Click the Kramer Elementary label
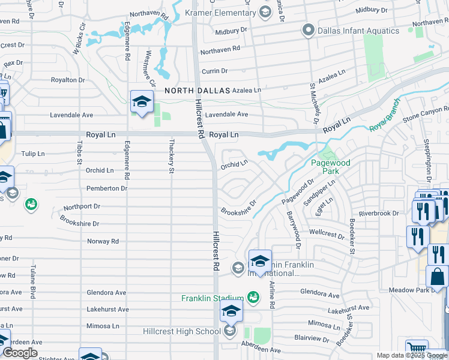[x=220, y=13]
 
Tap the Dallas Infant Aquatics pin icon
[x=309, y=30]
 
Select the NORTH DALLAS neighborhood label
[x=197, y=90]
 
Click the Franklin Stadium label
[x=213, y=298]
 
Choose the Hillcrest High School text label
[x=181, y=331]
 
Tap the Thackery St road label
[x=171, y=163]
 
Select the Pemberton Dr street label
[x=107, y=188]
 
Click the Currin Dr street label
[x=215, y=71]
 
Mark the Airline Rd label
[x=271, y=295]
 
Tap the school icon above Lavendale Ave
[x=142, y=102]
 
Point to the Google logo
[x=20, y=353]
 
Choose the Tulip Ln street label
[x=32, y=154]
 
